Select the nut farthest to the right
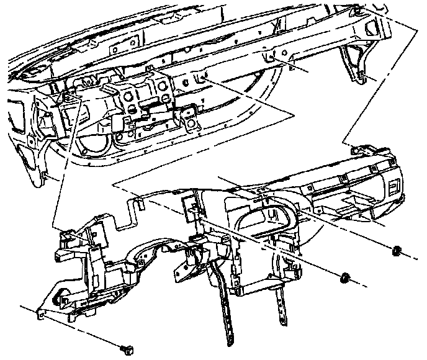pos(396,251)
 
